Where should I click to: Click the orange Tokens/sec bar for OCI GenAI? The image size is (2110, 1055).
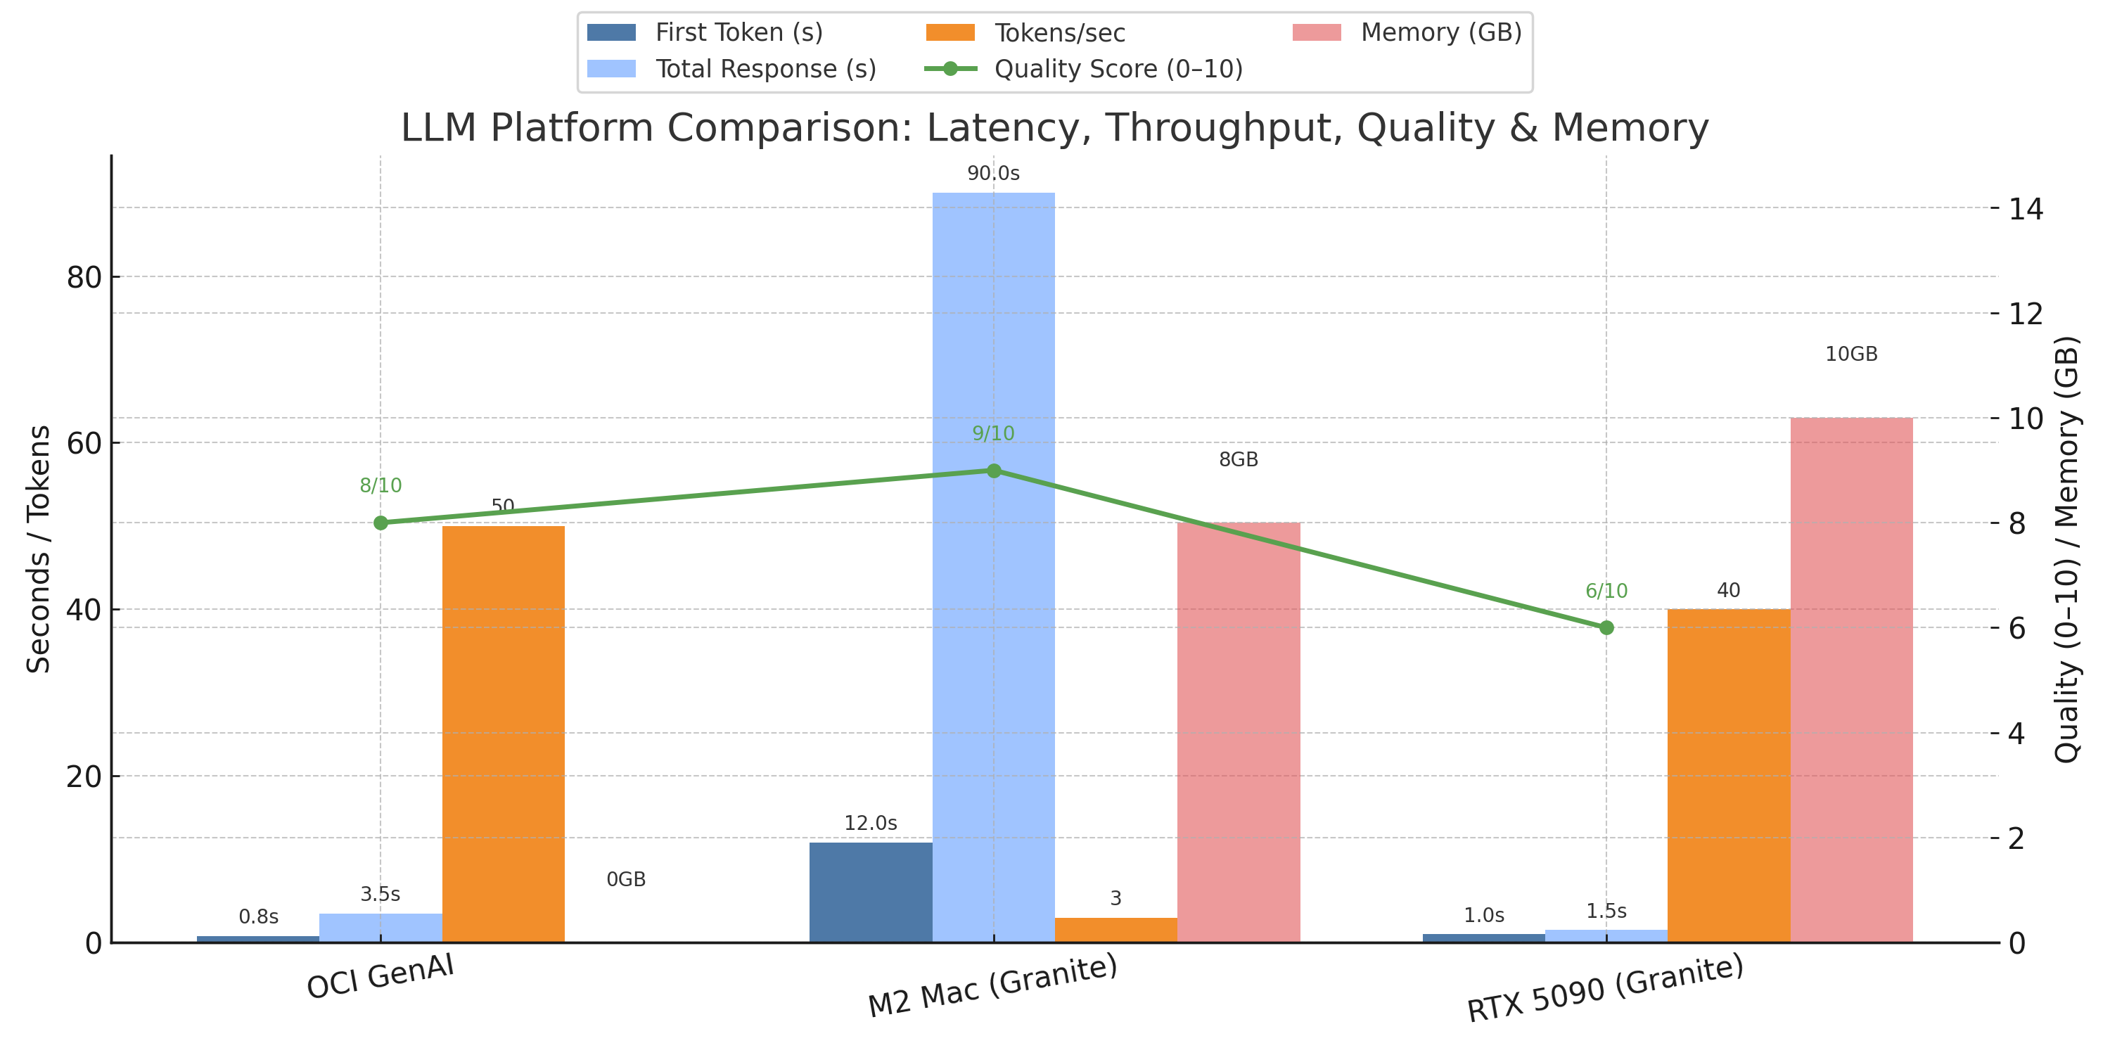pos(503,733)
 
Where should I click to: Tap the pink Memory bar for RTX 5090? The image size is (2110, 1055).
pos(1850,680)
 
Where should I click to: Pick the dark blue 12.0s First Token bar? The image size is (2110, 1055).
pos(870,892)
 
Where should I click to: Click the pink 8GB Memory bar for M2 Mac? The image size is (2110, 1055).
pos(1238,732)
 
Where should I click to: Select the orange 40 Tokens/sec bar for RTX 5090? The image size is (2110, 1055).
pos(1728,775)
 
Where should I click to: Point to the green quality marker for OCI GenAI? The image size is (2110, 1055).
pos(381,523)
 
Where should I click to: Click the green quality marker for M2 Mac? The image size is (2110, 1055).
pos(994,471)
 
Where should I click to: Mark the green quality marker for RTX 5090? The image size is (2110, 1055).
pos(1606,627)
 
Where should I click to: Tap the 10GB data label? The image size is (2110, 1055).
pos(1850,354)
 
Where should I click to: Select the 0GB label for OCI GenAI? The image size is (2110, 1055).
pos(626,879)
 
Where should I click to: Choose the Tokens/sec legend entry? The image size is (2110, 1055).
pos(1059,33)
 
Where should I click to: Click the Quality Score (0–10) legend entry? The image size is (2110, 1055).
pos(1118,69)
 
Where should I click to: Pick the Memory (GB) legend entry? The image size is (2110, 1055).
pos(1440,33)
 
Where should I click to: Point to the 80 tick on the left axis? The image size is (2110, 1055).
pos(84,278)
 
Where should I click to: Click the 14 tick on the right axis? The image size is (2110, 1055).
pos(2026,209)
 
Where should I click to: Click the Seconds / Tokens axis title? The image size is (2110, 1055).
pos(39,549)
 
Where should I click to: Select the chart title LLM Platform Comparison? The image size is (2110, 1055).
pos(1054,128)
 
